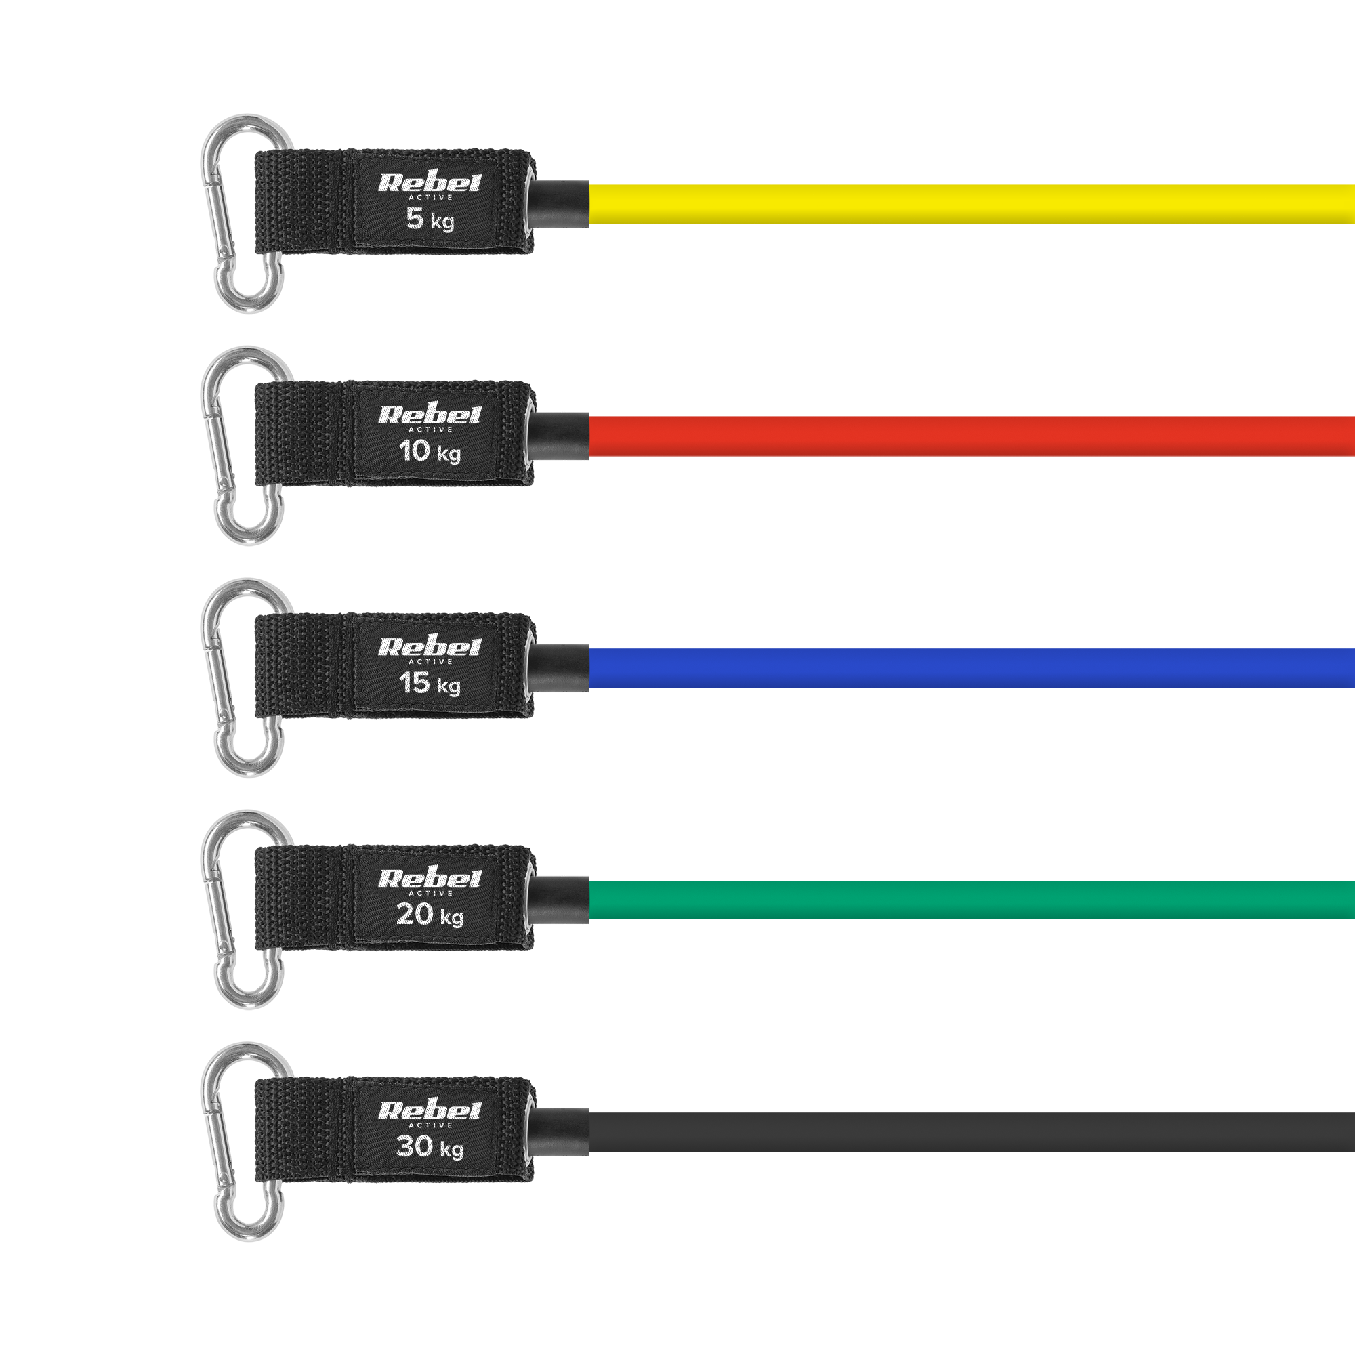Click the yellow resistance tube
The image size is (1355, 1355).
pyautogui.click(x=972, y=204)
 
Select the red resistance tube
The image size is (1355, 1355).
pyautogui.click(x=972, y=436)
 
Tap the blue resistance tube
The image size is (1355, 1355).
pyautogui.click(x=972, y=669)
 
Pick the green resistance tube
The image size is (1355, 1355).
pyautogui.click(x=972, y=900)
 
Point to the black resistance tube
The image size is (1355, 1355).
pyautogui.click(x=972, y=1132)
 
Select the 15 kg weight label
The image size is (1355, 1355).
pyautogui.click(x=430, y=684)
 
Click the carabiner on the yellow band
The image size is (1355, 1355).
pyautogui.click(x=245, y=213)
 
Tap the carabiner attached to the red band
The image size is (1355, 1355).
pyautogui.click(x=245, y=445)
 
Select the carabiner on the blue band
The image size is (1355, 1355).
pyautogui.click(x=245, y=677)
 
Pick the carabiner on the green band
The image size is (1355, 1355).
pyautogui.click(x=245, y=910)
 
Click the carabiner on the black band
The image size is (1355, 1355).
pyautogui.click(x=245, y=1142)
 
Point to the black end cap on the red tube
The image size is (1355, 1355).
pyautogui.click(x=558, y=436)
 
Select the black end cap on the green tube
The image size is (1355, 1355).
pyautogui.click(x=558, y=900)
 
